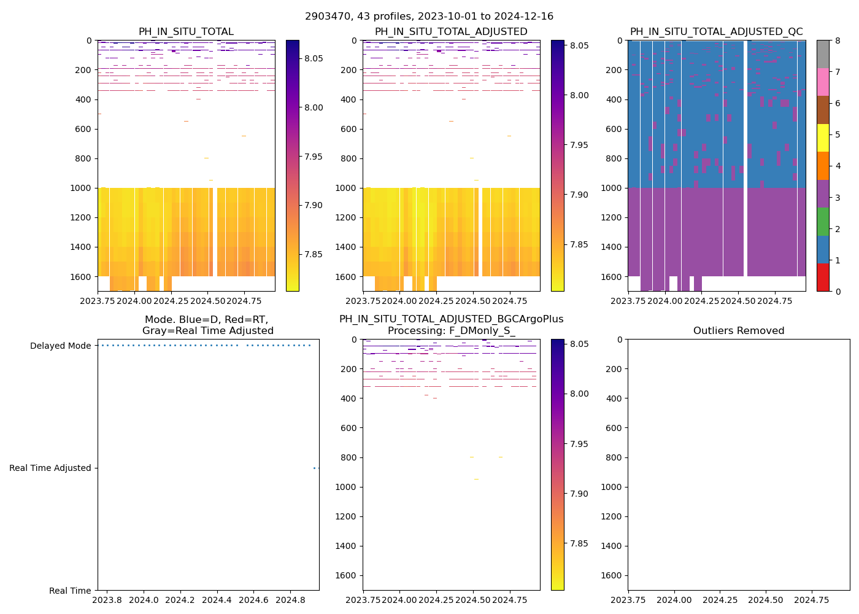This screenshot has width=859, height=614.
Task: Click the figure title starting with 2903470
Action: pyautogui.click(x=429, y=17)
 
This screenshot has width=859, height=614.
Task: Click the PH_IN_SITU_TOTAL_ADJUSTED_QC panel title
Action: pyautogui.click(x=716, y=32)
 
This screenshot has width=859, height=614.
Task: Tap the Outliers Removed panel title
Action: pyautogui.click(x=738, y=331)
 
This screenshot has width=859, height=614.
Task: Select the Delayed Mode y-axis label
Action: pyautogui.click(x=60, y=346)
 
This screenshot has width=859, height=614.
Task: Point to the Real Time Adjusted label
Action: pyautogui.click(x=50, y=468)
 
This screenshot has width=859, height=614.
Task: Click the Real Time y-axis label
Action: pyautogui.click(x=70, y=591)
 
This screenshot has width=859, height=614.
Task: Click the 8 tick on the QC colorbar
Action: pyautogui.click(x=836, y=41)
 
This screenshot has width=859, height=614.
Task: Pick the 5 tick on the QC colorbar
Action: pyautogui.click(x=836, y=135)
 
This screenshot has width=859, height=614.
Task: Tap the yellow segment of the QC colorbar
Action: pyautogui.click(x=823, y=138)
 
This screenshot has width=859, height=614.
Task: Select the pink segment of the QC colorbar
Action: pyautogui.click(x=823, y=82)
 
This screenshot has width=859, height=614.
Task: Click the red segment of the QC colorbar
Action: pyautogui.click(x=823, y=278)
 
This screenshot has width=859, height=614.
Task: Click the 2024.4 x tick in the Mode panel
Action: pyautogui.click(x=217, y=600)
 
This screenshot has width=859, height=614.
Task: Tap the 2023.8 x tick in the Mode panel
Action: pyautogui.click(x=107, y=600)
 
